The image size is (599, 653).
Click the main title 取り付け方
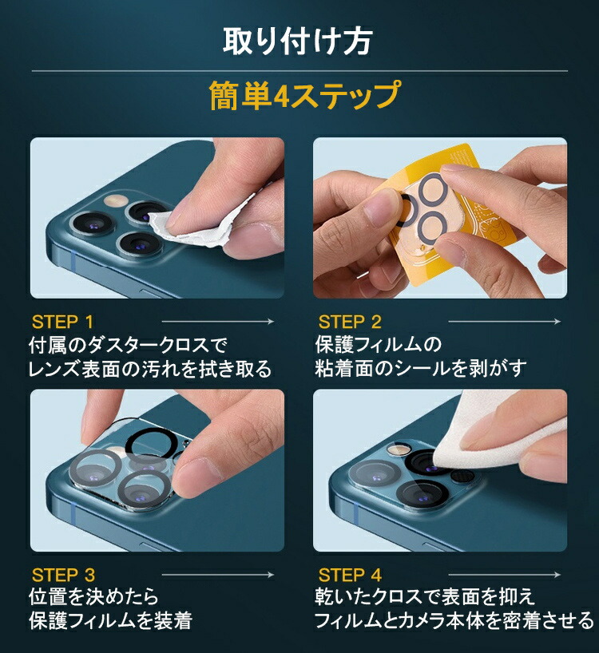click(x=297, y=41)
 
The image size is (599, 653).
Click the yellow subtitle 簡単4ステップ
click(x=305, y=95)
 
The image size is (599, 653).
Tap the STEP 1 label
click(x=62, y=322)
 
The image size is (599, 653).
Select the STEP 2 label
click(x=350, y=322)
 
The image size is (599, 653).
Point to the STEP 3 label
click(x=63, y=575)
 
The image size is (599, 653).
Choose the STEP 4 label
click(x=350, y=575)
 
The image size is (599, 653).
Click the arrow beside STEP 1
click(x=218, y=321)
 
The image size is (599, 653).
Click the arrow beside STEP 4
click(x=505, y=575)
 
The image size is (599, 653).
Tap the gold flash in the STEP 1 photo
click(x=117, y=200)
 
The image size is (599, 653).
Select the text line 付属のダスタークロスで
click(x=129, y=345)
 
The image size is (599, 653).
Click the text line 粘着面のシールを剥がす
click(x=421, y=369)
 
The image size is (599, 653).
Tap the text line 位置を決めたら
click(x=93, y=597)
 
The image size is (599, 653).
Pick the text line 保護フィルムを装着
click(x=110, y=620)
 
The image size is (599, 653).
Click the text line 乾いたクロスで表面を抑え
click(x=425, y=597)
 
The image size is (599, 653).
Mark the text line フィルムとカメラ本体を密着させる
click(x=454, y=620)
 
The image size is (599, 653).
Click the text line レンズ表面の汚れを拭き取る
click(x=150, y=369)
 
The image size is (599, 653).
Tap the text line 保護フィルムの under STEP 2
click(x=379, y=345)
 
